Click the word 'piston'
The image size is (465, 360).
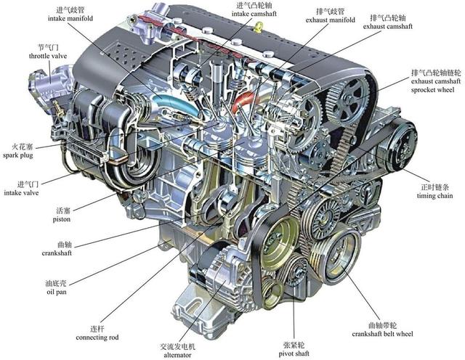click(x=62, y=219)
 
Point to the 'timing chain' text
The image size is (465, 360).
click(x=434, y=196)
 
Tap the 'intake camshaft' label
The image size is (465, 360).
click(x=255, y=14)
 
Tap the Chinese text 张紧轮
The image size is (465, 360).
click(x=294, y=343)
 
